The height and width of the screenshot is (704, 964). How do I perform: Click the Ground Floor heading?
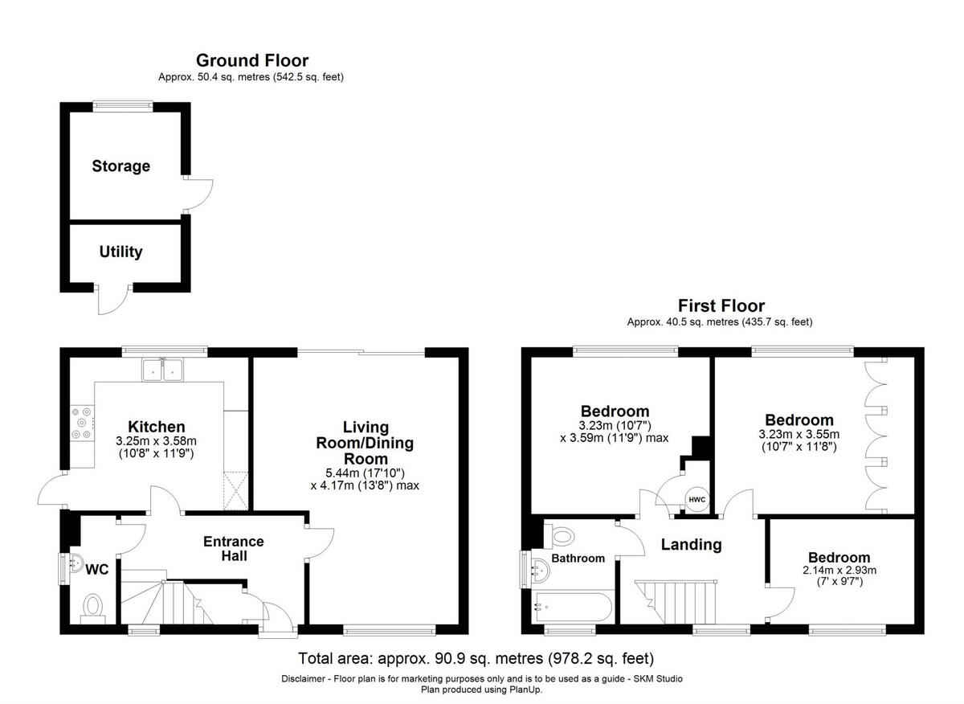coord(251,60)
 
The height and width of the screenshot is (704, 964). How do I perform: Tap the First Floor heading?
coord(721,305)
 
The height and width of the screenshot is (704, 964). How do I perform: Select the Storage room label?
coord(120,166)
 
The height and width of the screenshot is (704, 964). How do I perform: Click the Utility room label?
coord(120,252)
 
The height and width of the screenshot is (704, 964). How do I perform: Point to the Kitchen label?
coord(157,427)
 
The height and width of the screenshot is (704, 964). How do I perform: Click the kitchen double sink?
coord(164,370)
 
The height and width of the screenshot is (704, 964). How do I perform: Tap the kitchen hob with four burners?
coord(82,422)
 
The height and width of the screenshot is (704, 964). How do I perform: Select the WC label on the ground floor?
coord(96,569)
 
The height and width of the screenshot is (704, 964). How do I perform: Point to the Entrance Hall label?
coord(233,548)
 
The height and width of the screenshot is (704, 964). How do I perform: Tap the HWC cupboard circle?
coord(696,500)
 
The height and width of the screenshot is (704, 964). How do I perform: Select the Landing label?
coord(691,545)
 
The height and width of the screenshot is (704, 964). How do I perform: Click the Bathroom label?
coord(578,559)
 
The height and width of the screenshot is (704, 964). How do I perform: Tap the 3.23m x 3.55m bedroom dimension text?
coord(799,440)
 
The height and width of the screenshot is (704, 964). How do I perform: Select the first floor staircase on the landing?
coord(679,599)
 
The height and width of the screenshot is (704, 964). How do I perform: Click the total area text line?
coord(476,659)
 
